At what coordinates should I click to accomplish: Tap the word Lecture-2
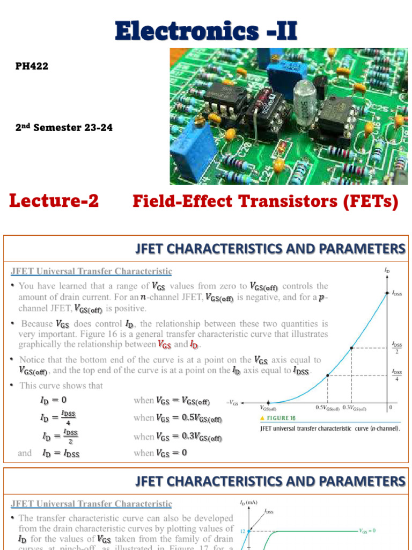tap(54, 201)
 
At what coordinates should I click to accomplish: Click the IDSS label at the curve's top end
tap(396, 293)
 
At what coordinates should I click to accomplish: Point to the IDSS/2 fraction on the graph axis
tap(397, 348)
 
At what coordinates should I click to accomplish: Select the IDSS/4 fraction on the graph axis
tap(397, 375)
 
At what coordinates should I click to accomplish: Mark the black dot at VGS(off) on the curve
tap(269, 403)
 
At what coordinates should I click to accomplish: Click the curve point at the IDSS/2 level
tap(351, 348)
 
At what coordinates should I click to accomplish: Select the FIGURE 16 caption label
tap(277, 418)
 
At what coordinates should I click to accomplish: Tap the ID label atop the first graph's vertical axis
tap(387, 271)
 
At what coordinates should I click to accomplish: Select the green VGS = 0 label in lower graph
tap(367, 530)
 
